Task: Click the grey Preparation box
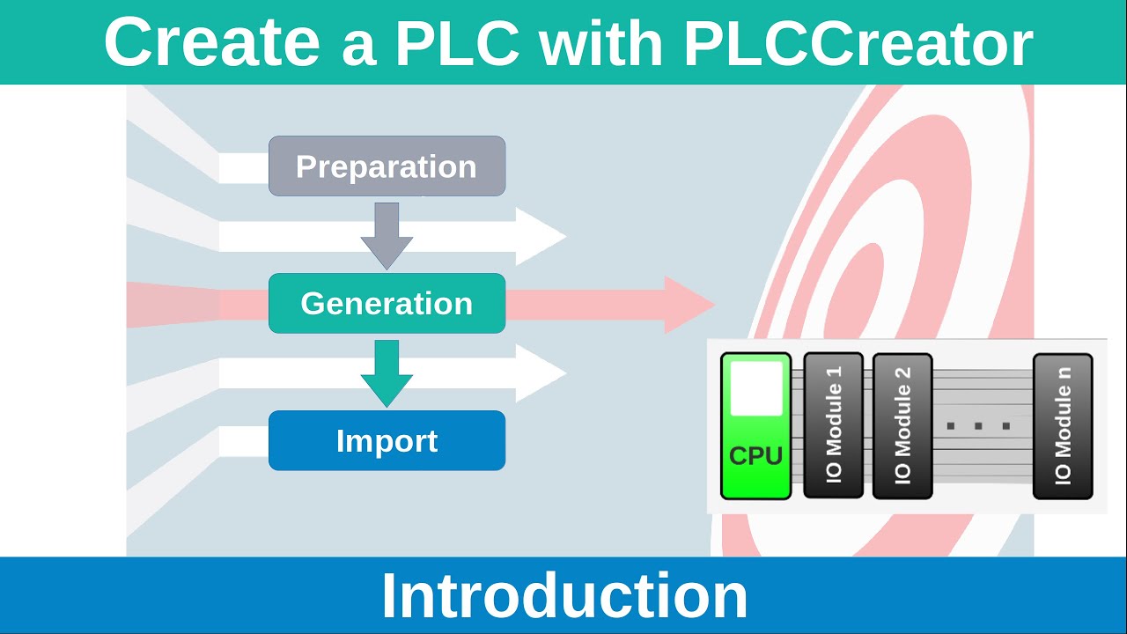tap(387, 166)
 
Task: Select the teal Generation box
tap(387, 303)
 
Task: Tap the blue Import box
tap(387, 440)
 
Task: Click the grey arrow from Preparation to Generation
tap(387, 234)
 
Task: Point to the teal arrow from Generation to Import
tap(387, 372)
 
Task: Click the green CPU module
tap(755, 426)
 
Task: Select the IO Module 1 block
tap(833, 426)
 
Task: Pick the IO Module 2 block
tap(902, 426)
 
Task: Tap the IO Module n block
tap(1063, 426)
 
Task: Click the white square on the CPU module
tap(756, 388)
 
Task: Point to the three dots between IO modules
tap(978, 426)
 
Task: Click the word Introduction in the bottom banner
tap(563, 596)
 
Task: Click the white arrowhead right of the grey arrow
tap(540, 236)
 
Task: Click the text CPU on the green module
tap(755, 456)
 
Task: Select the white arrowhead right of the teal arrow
tap(540, 373)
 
